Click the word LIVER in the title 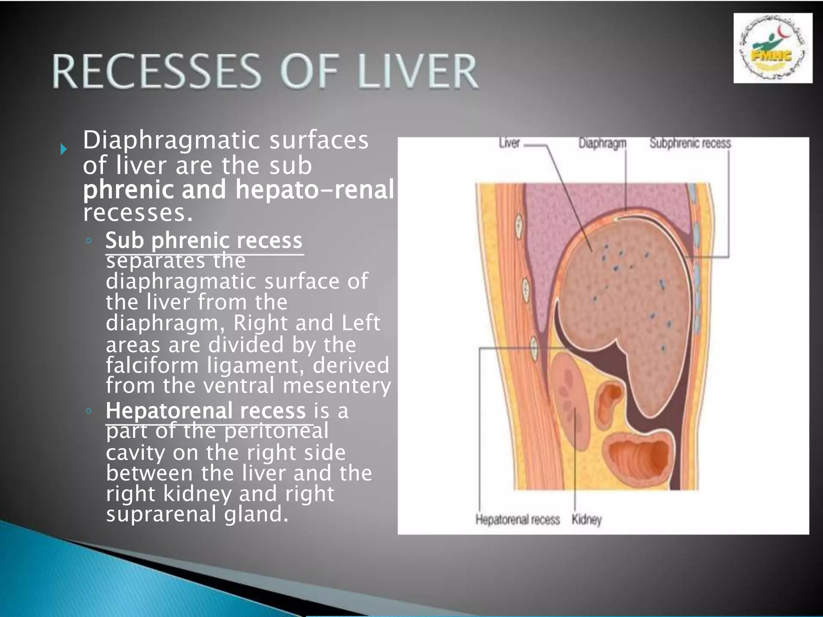coord(418,72)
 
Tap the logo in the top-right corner coord(772,48)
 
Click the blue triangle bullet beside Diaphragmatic coord(63,150)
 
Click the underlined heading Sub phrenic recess coord(204,241)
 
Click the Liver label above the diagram coord(510,143)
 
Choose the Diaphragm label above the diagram coord(602,143)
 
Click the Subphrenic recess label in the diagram coord(690,143)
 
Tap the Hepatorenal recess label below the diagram coord(517,519)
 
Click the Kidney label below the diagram coord(586,519)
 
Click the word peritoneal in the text coord(276,431)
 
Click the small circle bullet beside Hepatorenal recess coord(88,411)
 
